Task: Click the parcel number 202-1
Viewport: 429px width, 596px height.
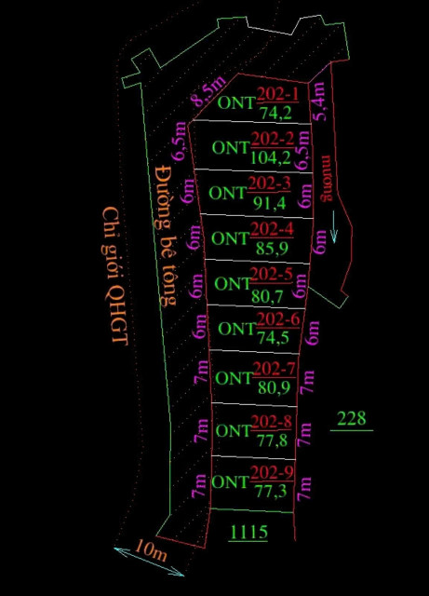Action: (277, 94)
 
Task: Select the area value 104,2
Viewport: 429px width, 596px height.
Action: (271, 157)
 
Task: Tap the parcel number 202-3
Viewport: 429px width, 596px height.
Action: (270, 183)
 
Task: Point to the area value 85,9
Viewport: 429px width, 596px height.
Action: (272, 249)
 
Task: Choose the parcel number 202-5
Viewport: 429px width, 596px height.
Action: (272, 274)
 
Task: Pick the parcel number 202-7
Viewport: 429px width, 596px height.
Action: (274, 369)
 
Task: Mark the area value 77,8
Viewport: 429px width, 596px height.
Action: (272, 440)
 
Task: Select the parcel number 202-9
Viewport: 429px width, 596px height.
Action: (272, 473)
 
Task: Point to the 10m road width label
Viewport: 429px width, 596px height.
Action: (151, 551)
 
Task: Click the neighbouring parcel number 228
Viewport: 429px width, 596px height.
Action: (352, 418)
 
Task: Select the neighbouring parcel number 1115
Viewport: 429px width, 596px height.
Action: (248, 532)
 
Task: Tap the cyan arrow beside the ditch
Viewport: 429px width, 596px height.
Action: (334, 226)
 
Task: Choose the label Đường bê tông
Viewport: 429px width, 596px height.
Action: (167, 236)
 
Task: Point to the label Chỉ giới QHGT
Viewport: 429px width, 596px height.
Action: (114, 276)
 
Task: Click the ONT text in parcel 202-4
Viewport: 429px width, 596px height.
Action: (230, 238)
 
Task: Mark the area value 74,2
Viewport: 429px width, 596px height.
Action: (275, 113)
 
